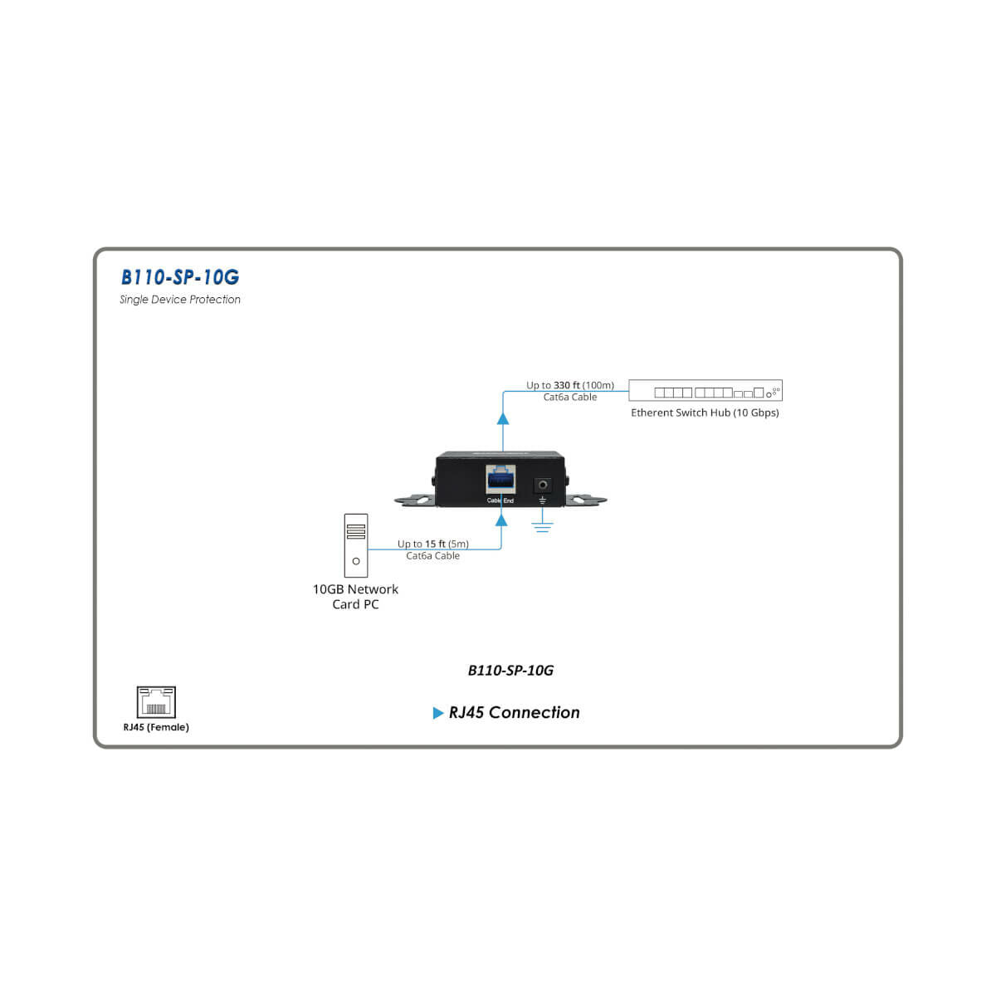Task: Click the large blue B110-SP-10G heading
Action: click(x=179, y=277)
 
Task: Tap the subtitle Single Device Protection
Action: click(x=179, y=300)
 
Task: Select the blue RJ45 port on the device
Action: click(x=500, y=480)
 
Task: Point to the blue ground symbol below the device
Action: click(x=543, y=525)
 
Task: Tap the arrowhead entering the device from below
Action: click(x=500, y=520)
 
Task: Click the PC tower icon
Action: click(x=356, y=545)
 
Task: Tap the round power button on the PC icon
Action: click(x=356, y=562)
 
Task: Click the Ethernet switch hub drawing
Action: click(x=705, y=391)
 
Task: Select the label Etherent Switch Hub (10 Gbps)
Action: click(x=705, y=413)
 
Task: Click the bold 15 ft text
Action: click(x=435, y=544)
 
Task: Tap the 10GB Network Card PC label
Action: click(x=355, y=597)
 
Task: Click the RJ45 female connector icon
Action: click(x=156, y=701)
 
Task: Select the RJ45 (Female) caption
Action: click(x=156, y=727)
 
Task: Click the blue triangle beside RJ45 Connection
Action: click(x=438, y=713)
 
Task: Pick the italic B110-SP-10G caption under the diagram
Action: click(x=510, y=671)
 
